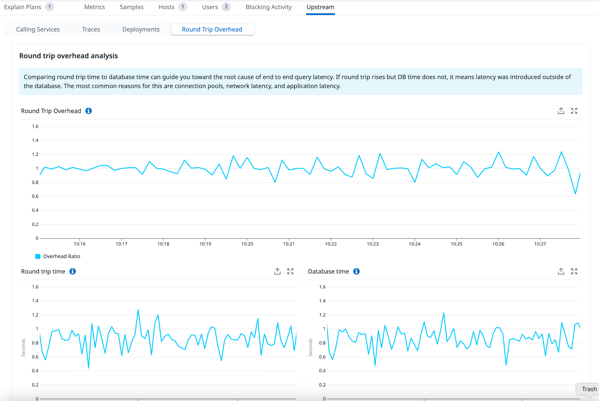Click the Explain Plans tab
pyautogui.click(x=23, y=7)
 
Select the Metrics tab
pyautogui.click(x=94, y=7)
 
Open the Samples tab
pyautogui.click(x=132, y=7)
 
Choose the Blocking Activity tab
pyautogui.click(x=268, y=7)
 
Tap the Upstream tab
pyautogui.click(x=320, y=7)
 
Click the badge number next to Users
pyautogui.click(x=226, y=7)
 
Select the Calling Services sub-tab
pyautogui.click(x=38, y=29)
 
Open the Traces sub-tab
pyautogui.click(x=91, y=29)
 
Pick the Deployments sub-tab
pyautogui.click(x=141, y=29)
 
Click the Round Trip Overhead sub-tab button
pyautogui.click(x=212, y=29)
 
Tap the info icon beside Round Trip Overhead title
pyautogui.click(x=89, y=111)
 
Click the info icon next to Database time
pyautogui.click(x=356, y=271)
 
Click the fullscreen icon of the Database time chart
pyautogui.click(x=574, y=271)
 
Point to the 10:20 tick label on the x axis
pyautogui.click(x=247, y=244)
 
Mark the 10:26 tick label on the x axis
pyautogui.click(x=498, y=244)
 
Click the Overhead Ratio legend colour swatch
pyautogui.click(x=38, y=256)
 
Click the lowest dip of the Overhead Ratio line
pyautogui.click(x=575, y=194)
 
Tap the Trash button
pyautogui.click(x=589, y=389)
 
